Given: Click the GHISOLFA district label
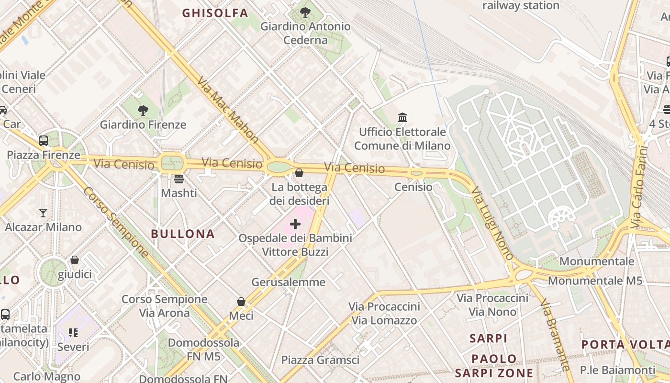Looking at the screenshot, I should click(x=215, y=13).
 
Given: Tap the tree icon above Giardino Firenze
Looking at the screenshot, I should click(x=143, y=111).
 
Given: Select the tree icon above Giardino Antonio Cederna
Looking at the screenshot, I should click(x=305, y=12).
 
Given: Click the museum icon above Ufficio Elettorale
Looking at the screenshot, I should click(x=402, y=117).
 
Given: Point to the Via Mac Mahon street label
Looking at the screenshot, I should click(x=228, y=110).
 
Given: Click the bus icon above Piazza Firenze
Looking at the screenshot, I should click(x=44, y=141).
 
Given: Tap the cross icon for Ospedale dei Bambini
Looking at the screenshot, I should click(x=295, y=224).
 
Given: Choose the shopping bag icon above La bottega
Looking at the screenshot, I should click(x=299, y=173).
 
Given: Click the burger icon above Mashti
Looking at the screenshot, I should click(x=179, y=179).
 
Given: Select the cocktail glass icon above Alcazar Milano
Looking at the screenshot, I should click(x=43, y=213).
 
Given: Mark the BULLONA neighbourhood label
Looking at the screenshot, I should click(x=183, y=234).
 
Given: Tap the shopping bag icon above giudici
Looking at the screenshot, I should click(x=75, y=260).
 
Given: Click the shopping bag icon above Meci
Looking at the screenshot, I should click(x=241, y=302).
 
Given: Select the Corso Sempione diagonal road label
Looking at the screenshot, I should click(x=116, y=223).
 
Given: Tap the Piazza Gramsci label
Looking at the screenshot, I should click(x=320, y=360).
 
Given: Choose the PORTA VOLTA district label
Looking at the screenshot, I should click(x=625, y=345).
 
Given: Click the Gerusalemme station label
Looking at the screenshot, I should click(x=289, y=282).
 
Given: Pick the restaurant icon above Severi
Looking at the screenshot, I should click(x=73, y=332).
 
